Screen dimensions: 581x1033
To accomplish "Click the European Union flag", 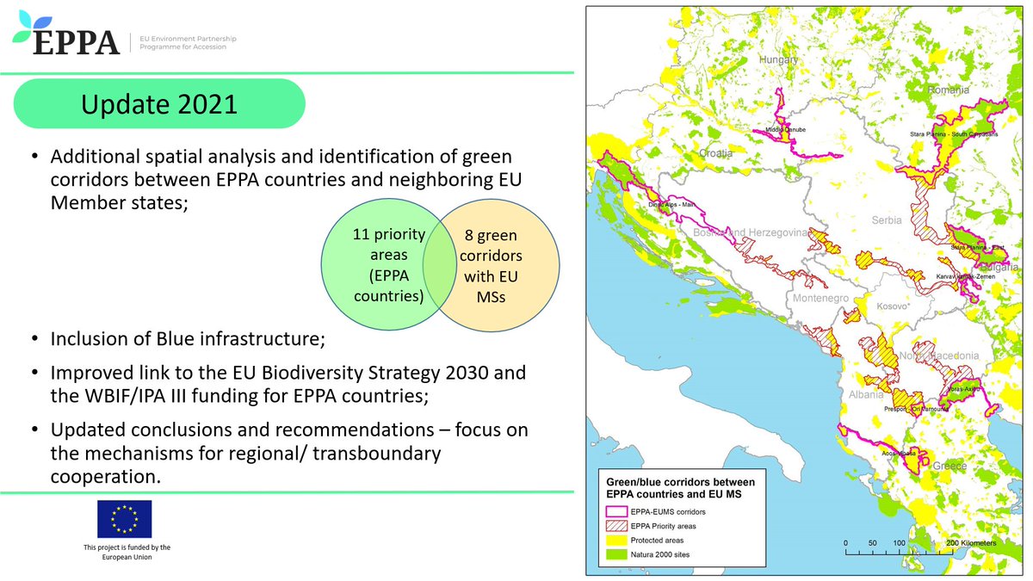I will (124, 519).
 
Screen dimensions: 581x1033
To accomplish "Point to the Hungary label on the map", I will (778, 59).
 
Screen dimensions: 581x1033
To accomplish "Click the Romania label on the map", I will (949, 90).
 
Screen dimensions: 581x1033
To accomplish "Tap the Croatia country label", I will (714, 152).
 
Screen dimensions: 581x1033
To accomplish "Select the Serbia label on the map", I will (885, 220).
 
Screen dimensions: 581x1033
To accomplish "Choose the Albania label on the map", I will (864, 395).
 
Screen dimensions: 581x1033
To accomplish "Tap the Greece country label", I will (950, 466).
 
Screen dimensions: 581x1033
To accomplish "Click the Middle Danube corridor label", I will (784, 132).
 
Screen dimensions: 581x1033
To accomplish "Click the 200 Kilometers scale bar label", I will (970, 544).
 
